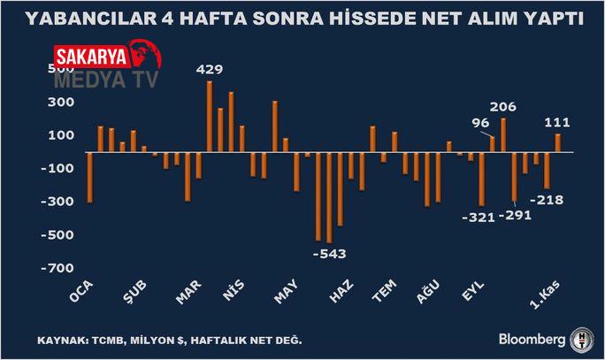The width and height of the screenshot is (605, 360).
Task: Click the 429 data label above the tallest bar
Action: (x=209, y=69)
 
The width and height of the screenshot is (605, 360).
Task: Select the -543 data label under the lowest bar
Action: (x=329, y=254)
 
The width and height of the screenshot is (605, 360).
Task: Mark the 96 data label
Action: (x=480, y=123)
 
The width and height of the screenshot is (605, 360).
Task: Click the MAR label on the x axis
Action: (x=190, y=295)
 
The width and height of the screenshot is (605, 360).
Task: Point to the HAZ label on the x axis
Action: (x=341, y=295)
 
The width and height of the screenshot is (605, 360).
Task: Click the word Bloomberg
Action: (x=531, y=339)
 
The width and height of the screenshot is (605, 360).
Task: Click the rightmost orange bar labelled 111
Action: (x=558, y=142)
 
